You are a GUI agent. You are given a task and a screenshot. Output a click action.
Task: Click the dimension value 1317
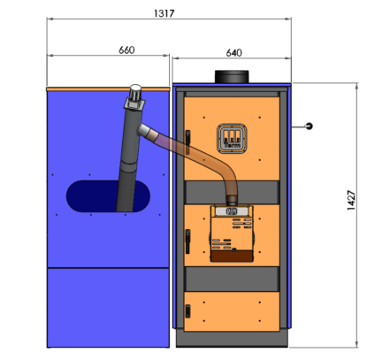[x=164, y=13]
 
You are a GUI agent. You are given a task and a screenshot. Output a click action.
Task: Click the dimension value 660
[x=126, y=50]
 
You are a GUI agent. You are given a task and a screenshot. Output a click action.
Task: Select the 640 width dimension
[x=233, y=53]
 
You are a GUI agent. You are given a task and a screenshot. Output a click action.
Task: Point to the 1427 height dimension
[x=351, y=200]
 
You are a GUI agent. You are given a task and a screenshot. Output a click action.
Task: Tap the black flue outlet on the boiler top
[x=232, y=77]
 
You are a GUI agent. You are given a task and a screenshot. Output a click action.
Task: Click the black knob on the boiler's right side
[x=309, y=126]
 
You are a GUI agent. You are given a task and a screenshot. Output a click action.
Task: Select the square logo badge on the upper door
[x=232, y=139]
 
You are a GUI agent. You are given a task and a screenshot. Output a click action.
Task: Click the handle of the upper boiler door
[x=187, y=142]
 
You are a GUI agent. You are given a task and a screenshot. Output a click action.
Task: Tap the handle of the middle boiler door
[x=187, y=241]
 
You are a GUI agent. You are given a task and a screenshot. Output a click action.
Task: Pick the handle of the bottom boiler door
[x=187, y=311]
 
